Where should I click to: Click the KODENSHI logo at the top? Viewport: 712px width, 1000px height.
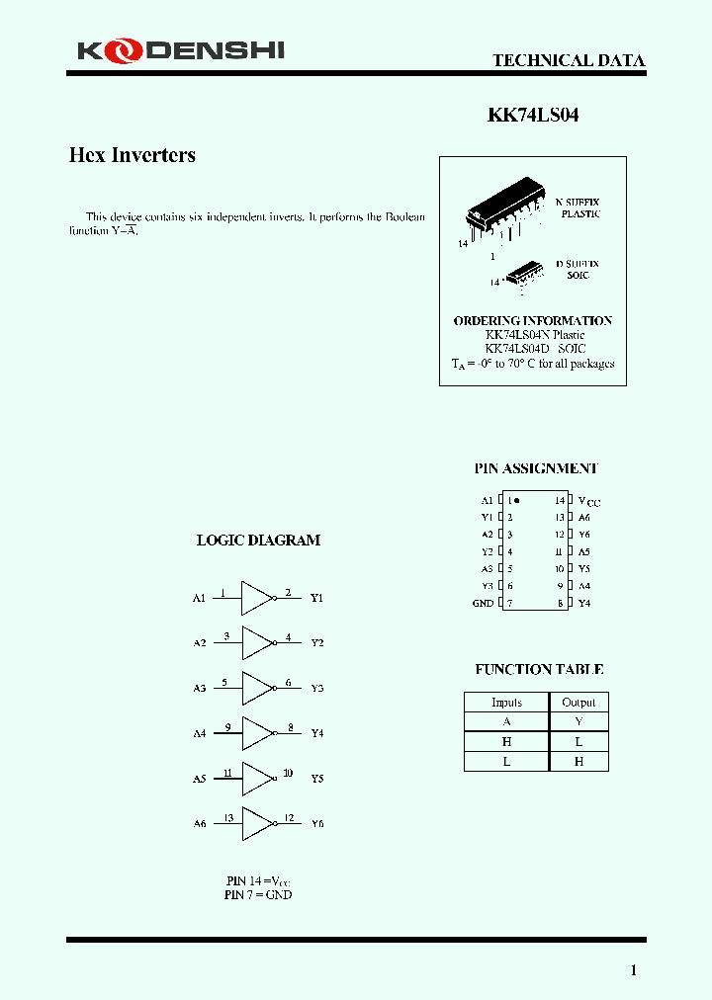click(x=181, y=48)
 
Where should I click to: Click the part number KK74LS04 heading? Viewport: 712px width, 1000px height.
click(x=533, y=115)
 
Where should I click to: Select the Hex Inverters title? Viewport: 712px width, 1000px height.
click(x=132, y=155)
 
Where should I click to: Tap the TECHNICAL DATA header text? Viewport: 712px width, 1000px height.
click(x=569, y=60)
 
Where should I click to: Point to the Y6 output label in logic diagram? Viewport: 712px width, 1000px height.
click(x=317, y=823)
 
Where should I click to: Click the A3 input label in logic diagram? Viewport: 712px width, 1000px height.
click(x=199, y=688)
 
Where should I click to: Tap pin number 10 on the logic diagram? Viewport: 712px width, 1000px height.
click(x=288, y=773)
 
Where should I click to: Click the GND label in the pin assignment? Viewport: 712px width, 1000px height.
click(x=483, y=603)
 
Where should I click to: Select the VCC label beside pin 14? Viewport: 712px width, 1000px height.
click(x=588, y=502)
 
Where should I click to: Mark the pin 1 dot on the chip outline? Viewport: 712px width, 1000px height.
click(x=517, y=501)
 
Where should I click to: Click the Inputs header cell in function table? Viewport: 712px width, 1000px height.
click(x=506, y=703)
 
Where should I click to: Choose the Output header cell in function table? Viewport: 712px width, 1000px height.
click(x=578, y=703)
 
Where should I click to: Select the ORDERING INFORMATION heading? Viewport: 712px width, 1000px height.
click(x=532, y=321)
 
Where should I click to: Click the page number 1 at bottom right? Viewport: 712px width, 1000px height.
click(x=634, y=970)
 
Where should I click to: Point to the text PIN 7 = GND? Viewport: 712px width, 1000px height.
click(x=258, y=894)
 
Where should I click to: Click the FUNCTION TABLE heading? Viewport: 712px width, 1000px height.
click(x=539, y=670)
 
